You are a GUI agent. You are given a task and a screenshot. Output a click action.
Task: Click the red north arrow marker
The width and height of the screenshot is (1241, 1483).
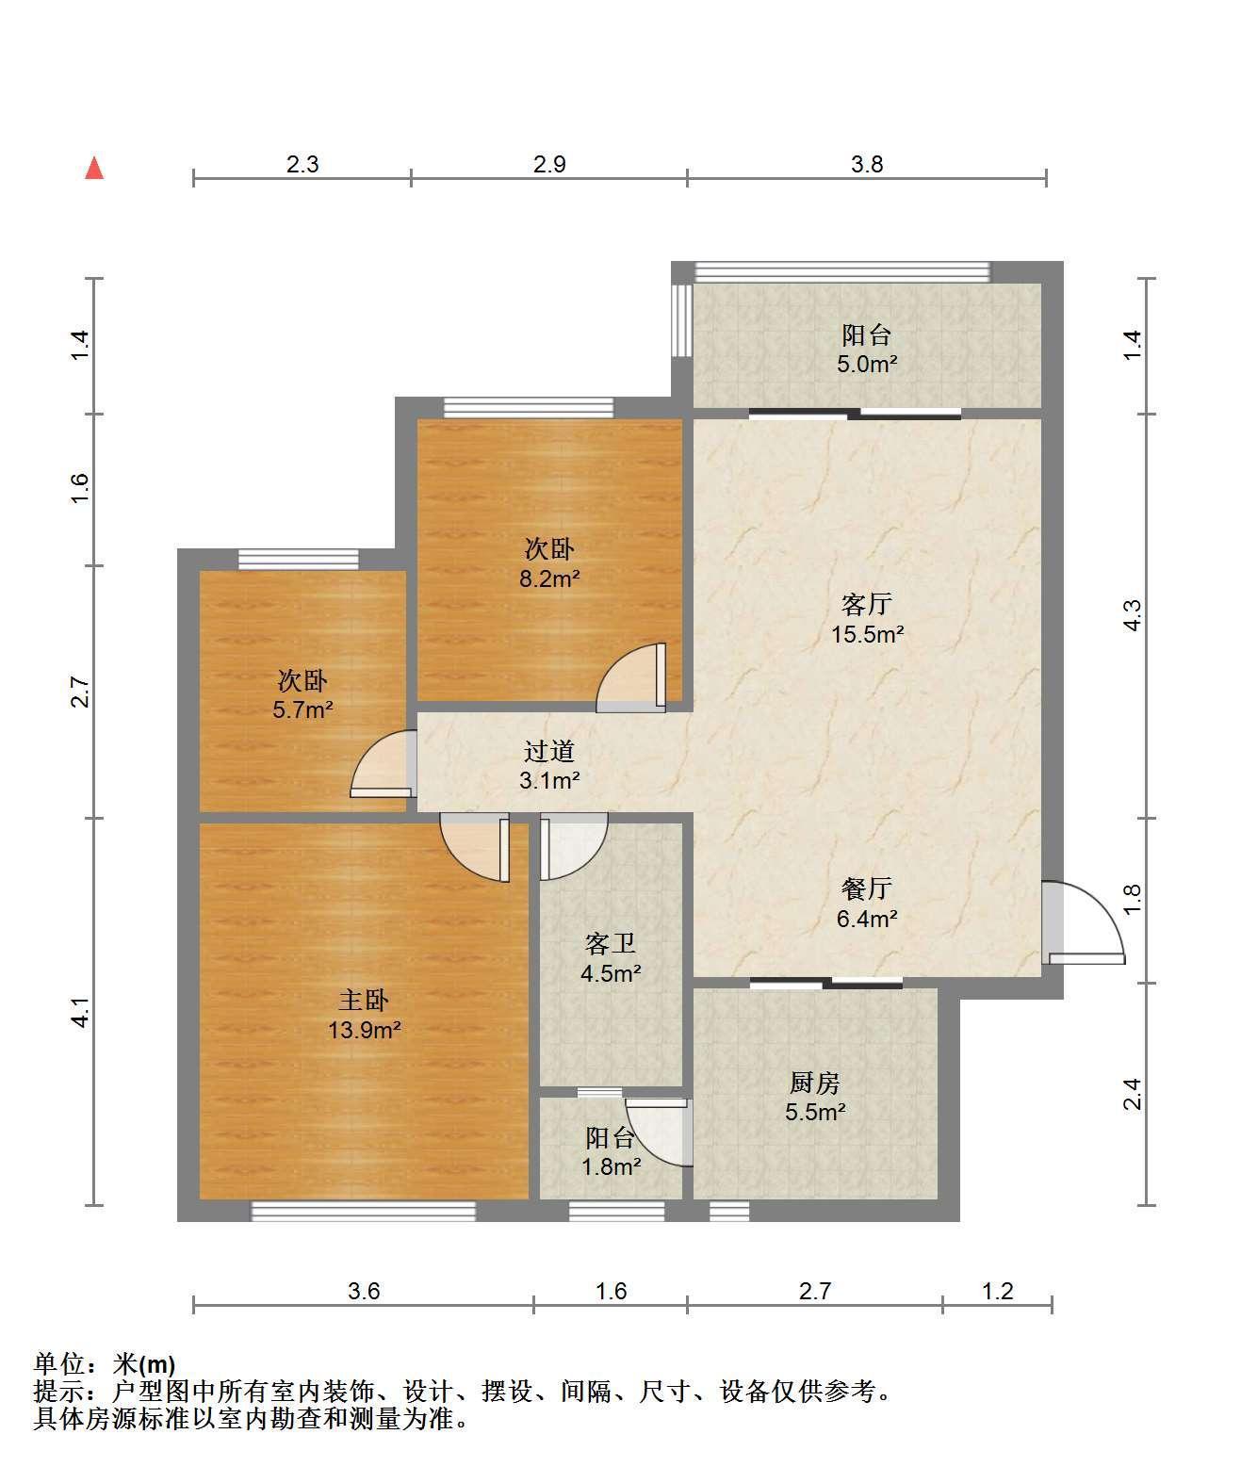(94, 169)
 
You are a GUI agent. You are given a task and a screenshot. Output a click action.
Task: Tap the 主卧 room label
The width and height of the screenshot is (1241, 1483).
(364, 1000)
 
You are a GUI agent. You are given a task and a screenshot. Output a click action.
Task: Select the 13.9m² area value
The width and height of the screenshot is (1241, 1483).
(365, 1030)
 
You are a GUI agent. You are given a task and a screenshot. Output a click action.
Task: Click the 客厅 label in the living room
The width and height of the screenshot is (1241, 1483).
(867, 605)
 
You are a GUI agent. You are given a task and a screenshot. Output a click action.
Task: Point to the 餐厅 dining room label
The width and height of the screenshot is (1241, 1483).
(867, 888)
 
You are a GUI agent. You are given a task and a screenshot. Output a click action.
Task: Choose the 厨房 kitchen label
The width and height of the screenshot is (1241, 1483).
(815, 1083)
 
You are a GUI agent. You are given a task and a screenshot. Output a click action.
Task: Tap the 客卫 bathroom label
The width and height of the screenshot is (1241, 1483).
(611, 943)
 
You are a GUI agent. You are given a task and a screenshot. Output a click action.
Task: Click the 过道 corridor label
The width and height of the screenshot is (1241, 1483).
(549, 751)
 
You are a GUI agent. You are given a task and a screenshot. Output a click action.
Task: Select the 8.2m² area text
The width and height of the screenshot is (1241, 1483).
(549, 579)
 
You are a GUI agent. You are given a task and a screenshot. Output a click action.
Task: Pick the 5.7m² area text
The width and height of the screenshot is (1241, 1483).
(302, 709)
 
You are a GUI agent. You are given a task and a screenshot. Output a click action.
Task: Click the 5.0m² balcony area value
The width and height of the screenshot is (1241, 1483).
(867, 365)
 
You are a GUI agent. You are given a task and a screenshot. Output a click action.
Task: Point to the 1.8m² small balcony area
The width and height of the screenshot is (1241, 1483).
(611, 1166)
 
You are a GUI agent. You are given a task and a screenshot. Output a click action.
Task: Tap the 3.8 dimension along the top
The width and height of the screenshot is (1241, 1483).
(867, 165)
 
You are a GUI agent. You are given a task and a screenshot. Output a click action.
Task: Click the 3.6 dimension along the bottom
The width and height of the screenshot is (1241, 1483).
(364, 1291)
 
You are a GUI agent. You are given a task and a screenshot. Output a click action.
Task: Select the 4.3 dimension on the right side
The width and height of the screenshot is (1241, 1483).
(1133, 615)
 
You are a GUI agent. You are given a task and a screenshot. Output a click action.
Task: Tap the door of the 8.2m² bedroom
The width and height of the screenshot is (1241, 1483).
(631, 677)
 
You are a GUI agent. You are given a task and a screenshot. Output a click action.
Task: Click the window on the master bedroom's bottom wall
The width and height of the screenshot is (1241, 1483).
(364, 1211)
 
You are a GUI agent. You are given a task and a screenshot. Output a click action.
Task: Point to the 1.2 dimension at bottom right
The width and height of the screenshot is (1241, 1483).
(997, 1291)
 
